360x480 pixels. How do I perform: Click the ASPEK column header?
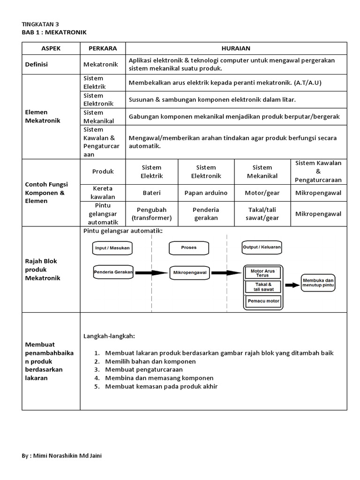tap(51, 48)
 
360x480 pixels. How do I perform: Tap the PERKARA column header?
tap(103, 48)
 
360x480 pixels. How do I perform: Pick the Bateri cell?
tap(152, 193)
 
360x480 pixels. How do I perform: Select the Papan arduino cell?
tap(206, 193)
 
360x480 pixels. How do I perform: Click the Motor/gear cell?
tap(262, 193)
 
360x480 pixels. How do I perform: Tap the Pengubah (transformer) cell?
tap(152, 214)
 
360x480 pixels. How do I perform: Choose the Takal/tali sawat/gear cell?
tap(262, 214)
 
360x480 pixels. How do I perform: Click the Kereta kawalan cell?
tap(103, 193)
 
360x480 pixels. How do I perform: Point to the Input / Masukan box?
tap(112, 247)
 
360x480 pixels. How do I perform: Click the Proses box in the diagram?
tap(189, 247)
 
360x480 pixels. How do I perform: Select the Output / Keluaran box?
tap(262, 247)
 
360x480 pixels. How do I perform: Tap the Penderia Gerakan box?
tap(113, 272)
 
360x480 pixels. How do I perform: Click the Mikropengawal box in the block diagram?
tap(190, 272)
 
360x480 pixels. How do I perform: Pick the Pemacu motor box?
tap(263, 301)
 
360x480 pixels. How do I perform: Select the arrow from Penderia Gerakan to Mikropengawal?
tap(151, 272)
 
